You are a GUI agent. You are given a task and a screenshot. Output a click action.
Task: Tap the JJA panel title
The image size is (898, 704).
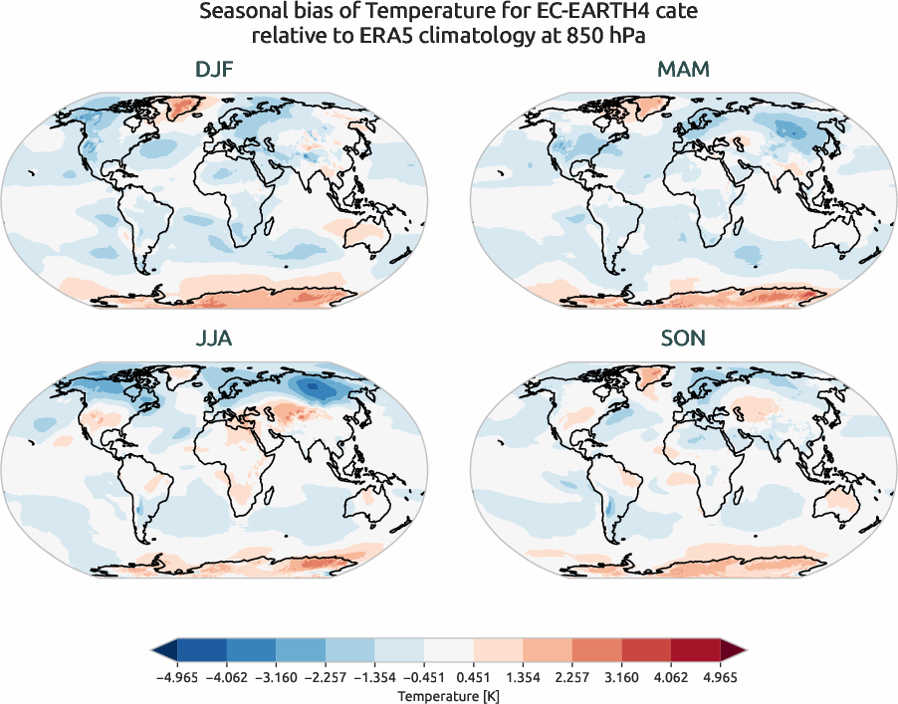215,339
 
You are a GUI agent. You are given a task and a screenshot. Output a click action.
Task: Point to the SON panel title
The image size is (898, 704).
682,339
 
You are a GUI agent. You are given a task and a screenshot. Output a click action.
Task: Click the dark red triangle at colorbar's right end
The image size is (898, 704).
733,651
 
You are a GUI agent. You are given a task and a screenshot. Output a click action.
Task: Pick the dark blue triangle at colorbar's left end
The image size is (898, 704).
163,651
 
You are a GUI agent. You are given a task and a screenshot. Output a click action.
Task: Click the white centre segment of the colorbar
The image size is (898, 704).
448,651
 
